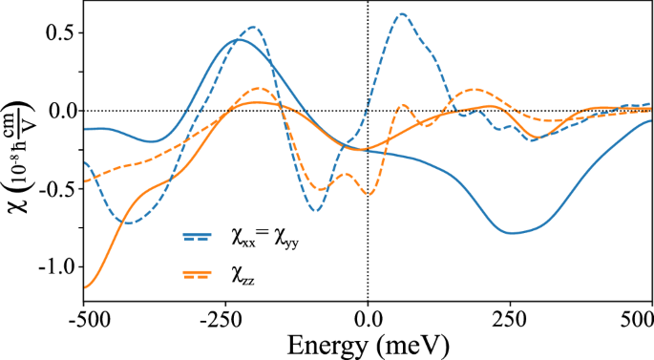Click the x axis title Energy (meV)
pyautogui.click(x=369, y=341)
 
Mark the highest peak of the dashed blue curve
pyautogui.click(x=402, y=14)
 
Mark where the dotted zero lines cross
pyautogui.click(x=369, y=111)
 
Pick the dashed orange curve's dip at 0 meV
pyautogui.click(x=369, y=194)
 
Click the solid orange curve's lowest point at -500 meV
pyautogui.click(x=86, y=287)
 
